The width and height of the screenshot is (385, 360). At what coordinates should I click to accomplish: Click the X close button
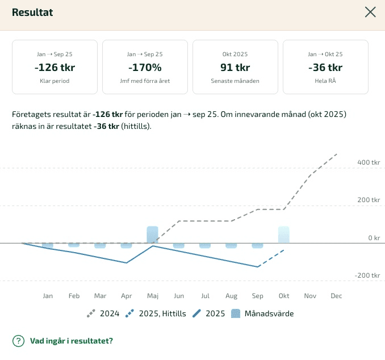point(370,12)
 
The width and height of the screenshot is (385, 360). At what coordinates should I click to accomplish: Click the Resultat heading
point(32,12)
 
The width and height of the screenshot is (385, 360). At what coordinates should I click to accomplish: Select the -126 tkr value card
point(55,67)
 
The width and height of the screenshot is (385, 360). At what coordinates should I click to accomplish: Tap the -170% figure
point(145,68)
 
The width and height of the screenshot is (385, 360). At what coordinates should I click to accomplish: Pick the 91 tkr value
point(235,68)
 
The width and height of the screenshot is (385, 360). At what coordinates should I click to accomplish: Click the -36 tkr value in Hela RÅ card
point(325,68)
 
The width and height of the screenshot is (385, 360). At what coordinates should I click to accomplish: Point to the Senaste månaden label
point(235,81)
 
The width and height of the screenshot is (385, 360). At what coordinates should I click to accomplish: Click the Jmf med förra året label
point(145,81)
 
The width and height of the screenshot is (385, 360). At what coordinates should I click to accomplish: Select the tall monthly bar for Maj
point(152,235)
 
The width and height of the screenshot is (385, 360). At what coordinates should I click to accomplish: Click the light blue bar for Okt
point(283,235)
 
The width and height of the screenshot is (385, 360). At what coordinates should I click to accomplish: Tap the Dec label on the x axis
point(336,296)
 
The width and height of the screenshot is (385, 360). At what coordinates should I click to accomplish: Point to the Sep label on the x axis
point(257,296)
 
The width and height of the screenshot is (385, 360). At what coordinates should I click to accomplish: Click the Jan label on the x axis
point(48,296)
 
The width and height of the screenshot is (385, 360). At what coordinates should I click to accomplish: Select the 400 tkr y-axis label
point(368,162)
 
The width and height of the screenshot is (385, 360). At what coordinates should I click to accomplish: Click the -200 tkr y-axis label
point(367,275)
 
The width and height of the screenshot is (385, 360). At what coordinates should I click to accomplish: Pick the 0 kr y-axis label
point(374,238)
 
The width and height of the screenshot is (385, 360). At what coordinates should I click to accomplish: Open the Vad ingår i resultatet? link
point(71,341)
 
